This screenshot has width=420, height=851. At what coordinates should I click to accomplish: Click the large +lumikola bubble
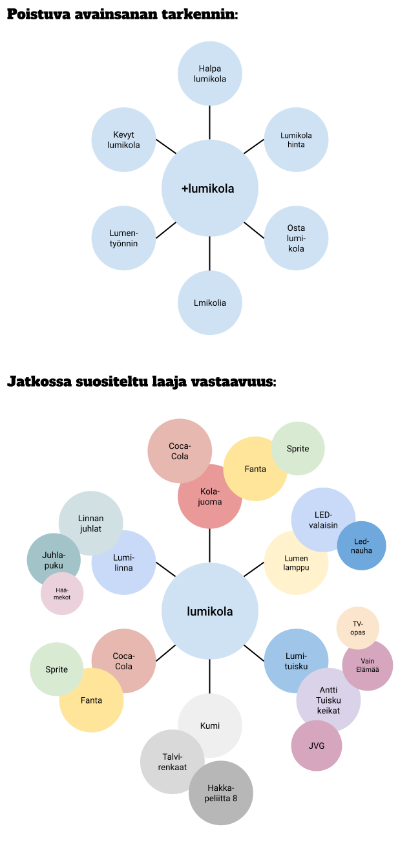click(x=210, y=189)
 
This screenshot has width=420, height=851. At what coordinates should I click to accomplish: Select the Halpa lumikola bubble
click(x=210, y=74)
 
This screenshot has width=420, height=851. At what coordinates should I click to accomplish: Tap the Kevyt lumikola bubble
click(x=123, y=140)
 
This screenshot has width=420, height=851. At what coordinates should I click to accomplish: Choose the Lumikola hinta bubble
click(x=296, y=140)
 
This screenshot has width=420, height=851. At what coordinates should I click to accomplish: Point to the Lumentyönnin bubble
click(x=123, y=238)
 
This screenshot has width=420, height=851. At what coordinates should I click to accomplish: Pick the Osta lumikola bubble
click(x=296, y=238)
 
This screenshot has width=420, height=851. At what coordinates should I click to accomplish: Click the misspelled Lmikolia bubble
click(x=210, y=303)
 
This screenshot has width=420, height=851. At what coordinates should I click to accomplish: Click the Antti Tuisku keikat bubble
click(x=328, y=702)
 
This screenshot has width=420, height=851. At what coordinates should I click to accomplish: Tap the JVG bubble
click(x=317, y=746)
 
